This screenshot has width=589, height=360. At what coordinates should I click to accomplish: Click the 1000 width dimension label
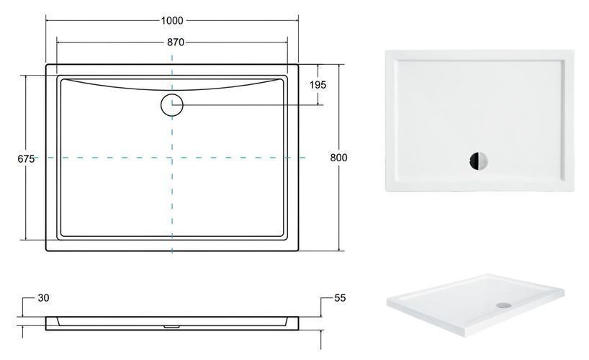point(172,20)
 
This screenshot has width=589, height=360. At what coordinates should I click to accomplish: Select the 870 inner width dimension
point(176,42)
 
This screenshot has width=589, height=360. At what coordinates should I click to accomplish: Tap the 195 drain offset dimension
point(318,85)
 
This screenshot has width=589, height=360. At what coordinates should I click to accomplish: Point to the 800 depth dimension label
point(338,158)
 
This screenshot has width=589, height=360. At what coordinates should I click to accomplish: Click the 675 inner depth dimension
point(26,159)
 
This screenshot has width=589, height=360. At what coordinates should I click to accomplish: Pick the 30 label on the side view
point(44,298)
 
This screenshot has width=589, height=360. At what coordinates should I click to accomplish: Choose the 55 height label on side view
point(340,298)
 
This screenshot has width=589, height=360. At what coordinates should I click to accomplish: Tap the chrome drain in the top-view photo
point(478,161)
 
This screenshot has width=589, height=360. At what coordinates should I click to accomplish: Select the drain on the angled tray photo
point(503,305)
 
